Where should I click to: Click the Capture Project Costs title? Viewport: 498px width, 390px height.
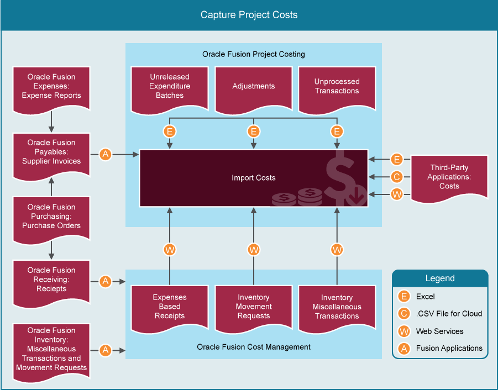point(249,15)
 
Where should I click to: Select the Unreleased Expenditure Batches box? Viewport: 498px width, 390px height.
point(170,87)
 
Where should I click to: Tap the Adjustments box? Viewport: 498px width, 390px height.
point(254,87)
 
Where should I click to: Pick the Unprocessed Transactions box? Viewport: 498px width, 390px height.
point(337,87)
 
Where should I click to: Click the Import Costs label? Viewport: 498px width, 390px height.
point(254,178)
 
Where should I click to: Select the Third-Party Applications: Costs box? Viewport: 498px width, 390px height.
point(449,177)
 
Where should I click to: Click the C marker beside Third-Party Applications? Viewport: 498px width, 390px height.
point(396,177)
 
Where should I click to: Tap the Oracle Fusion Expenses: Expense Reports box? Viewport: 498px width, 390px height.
point(51,87)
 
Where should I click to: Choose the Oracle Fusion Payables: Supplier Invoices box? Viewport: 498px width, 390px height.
point(51,152)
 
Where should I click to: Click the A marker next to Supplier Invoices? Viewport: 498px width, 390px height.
point(106,155)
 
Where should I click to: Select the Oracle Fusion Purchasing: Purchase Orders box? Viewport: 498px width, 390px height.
point(51,217)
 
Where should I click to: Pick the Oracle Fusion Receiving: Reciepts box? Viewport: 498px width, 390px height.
point(51,280)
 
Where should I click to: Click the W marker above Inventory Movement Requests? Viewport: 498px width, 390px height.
point(254,250)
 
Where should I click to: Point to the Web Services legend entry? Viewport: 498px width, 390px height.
point(439,331)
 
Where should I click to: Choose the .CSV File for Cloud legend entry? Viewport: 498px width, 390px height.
point(448,314)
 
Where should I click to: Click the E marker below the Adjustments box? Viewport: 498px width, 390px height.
point(254,131)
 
